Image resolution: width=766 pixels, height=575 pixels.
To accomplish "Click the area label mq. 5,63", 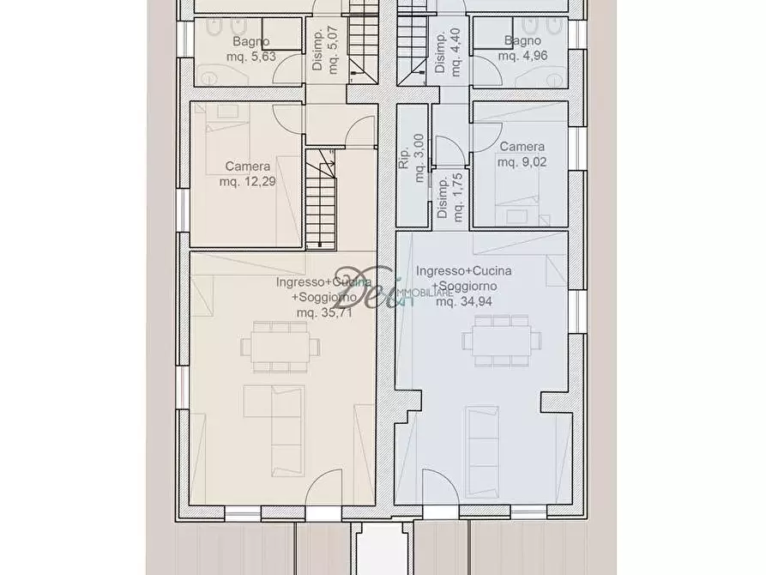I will [249, 58].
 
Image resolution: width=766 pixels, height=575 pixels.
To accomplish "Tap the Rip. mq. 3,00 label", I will [412, 159].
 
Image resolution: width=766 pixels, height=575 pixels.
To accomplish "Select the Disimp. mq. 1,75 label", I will [450, 199].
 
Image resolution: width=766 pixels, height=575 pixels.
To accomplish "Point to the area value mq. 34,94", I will [458, 301].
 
